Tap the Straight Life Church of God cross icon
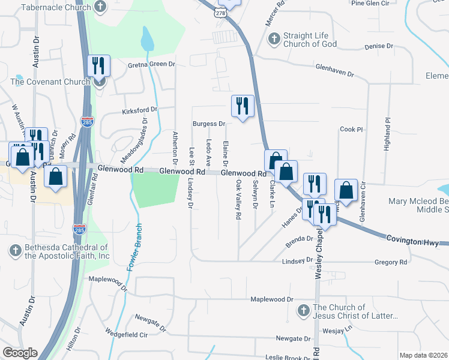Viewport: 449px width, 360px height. (273, 40)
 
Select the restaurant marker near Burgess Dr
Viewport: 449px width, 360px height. (242, 106)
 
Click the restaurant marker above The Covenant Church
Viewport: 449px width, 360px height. (98, 66)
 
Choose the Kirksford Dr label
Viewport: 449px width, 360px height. (139, 110)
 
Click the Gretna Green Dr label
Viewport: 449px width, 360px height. (150, 64)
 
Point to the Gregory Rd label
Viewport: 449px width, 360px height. (390, 262)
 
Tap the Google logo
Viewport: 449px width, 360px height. (20, 353)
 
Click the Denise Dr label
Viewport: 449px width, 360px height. (378, 46)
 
